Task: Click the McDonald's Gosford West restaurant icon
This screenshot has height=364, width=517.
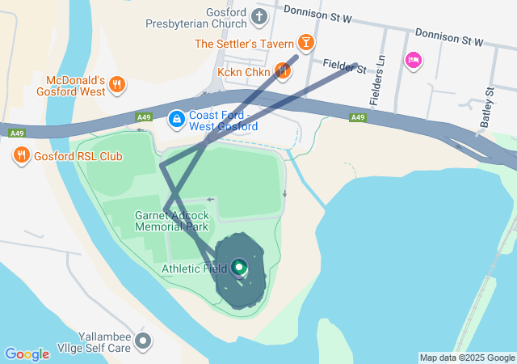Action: (117, 83)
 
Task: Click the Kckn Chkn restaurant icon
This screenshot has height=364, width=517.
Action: (282, 71)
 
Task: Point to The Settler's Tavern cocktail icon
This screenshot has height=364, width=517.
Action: (306, 41)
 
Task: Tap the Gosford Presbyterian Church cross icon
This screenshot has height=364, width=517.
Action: (259, 16)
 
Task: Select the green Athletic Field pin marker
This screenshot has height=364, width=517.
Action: (239, 267)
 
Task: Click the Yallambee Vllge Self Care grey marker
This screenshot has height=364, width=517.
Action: (143, 341)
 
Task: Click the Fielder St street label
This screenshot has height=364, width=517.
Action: (345, 64)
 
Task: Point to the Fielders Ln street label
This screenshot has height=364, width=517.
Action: (377, 81)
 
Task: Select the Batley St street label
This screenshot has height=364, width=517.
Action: (486, 107)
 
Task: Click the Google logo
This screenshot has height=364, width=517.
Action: (27, 354)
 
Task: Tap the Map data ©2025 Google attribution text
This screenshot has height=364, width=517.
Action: (466, 358)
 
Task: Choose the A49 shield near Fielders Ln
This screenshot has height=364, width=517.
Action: (358, 118)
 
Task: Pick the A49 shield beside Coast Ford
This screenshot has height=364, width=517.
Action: (144, 118)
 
